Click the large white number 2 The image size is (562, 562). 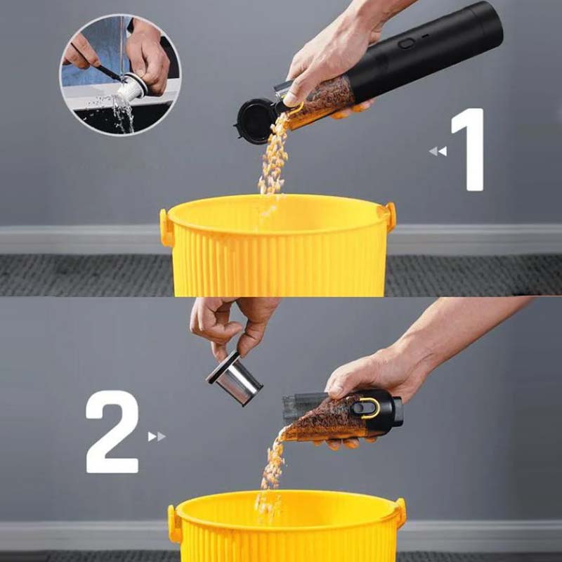112,431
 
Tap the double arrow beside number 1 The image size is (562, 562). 438,151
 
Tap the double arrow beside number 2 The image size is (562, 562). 157,436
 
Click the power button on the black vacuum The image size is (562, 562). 407,44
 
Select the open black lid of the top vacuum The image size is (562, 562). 255,121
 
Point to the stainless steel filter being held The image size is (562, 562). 235,379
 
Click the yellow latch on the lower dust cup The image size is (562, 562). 370,408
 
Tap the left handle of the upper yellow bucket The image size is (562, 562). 165,228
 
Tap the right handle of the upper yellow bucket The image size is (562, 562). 391,216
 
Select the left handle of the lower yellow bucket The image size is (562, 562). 174,523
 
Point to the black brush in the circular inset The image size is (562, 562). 98,62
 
